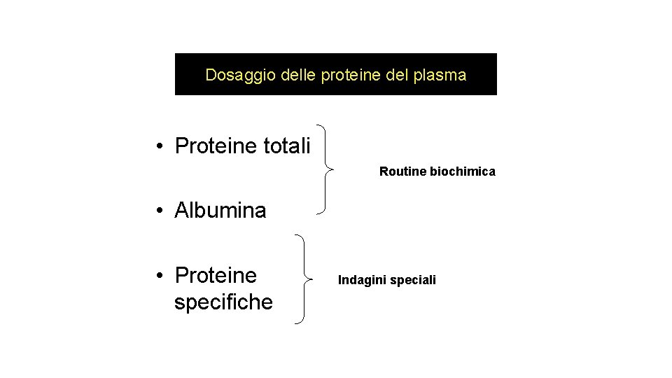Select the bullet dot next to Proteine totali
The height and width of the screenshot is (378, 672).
[x=160, y=147]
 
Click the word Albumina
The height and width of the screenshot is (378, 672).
[x=220, y=210]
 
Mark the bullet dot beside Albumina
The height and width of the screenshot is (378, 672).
[x=160, y=211]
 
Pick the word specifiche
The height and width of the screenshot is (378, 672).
[x=223, y=302]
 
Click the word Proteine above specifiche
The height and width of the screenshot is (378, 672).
[x=216, y=275]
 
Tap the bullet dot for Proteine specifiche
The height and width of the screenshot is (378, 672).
[x=160, y=276]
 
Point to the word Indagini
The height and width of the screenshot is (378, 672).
[x=363, y=280]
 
